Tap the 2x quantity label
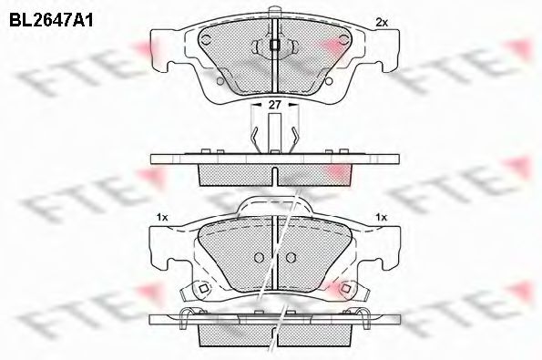[x=382, y=22]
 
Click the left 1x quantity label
[x=162, y=217]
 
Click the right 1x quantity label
[x=382, y=217]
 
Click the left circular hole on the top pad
[x=207, y=40]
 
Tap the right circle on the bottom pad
[x=291, y=256]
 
